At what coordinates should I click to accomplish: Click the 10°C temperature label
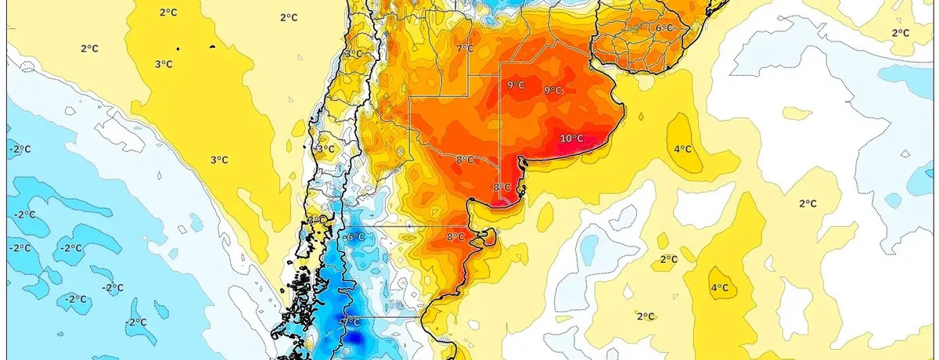point(572,139)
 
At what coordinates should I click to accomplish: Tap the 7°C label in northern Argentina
point(465,49)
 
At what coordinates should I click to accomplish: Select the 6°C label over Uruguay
point(664,28)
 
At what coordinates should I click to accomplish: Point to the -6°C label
point(354,237)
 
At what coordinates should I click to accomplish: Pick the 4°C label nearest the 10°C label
point(682,149)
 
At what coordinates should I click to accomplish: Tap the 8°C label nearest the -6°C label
point(455,237)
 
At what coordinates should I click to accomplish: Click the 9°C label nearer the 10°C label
point(553,91)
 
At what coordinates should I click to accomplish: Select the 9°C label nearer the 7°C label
point(516,85)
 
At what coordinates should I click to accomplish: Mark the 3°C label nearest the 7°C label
point(354,54)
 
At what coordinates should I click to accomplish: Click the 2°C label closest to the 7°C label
point(288,17)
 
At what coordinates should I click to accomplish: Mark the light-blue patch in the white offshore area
point(908,74)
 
